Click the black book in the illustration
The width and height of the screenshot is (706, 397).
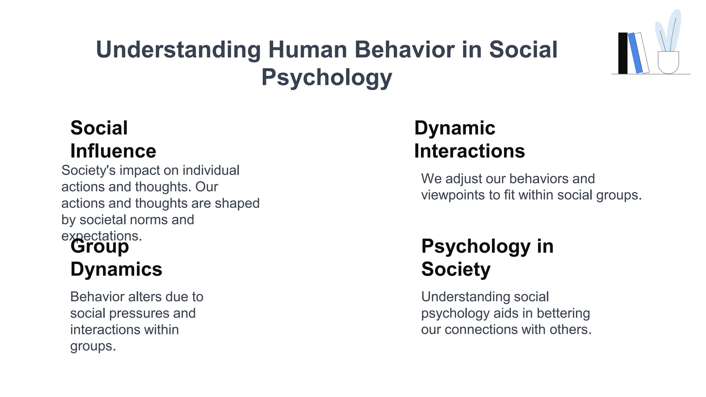623,53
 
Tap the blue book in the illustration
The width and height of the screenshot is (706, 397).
635,53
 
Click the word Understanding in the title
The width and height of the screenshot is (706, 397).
178,50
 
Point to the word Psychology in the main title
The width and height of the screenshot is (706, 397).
326,78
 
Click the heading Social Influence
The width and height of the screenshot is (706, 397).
113,139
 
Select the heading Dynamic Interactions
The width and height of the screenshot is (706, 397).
469,139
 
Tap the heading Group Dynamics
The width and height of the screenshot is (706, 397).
116,257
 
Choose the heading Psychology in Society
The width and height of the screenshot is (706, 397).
487,257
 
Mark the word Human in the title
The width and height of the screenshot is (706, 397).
307,50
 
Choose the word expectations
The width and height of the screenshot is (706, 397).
102,236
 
